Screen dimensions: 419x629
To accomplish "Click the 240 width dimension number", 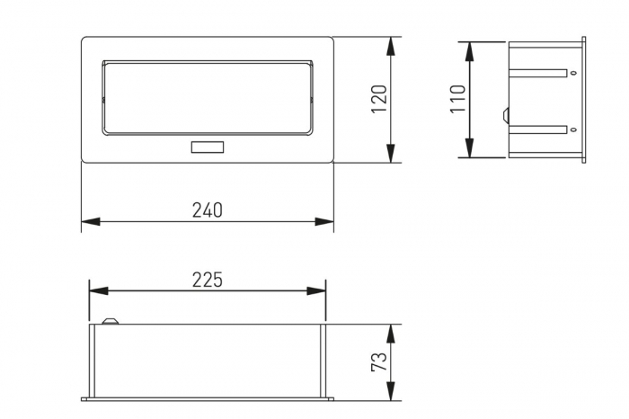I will pyautogui.click(x=207, y=209).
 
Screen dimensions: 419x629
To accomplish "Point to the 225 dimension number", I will pyautogui.click(x=207, y=280).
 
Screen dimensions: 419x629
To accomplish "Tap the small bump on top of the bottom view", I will pyautogui.click(x=111, y=319).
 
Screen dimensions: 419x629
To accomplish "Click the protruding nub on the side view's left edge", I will pyautogui.click(x=506, y=115).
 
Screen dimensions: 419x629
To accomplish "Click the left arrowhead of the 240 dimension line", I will pyautogui.click(x=90, y=221).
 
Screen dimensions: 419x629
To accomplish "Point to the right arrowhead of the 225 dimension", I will pyautogui.click(x=317, y=290).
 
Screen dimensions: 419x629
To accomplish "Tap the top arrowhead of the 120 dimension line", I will pyautogui.click(x=391, y=45).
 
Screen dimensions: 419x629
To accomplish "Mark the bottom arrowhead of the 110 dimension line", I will pyautogui.click(x=469, y=149).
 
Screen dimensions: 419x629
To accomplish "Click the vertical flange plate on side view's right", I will pyautogui.click(x=583, y=101).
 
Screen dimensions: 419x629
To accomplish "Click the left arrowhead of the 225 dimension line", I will pyautogui.click(x=98, y=290).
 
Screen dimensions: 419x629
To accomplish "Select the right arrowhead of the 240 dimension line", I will pyautogui.click(x=325, y=221).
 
